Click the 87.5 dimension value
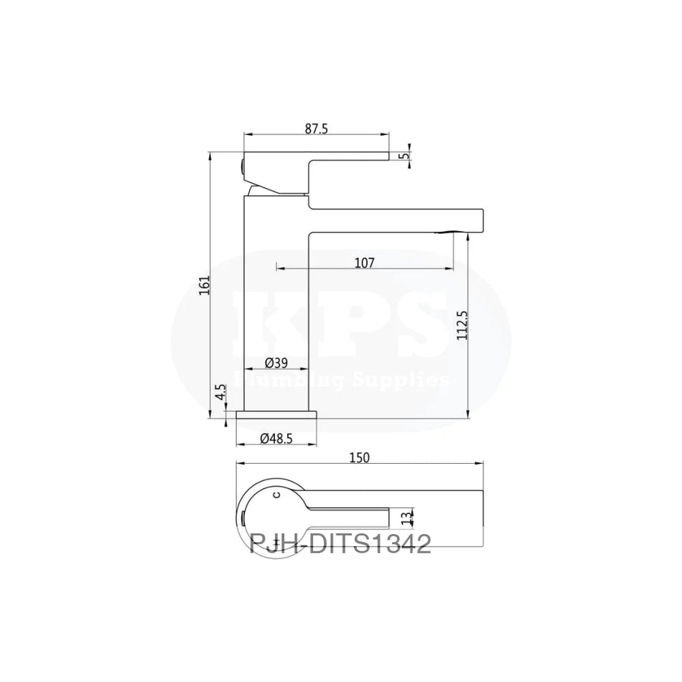point(316,129)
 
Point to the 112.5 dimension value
point(462,327)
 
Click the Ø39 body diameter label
point(276,363)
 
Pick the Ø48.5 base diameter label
point(276,437)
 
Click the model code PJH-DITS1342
point(340,544)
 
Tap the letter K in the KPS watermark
point(281,323)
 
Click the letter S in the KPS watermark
point(409,323)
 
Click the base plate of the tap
point(276,416)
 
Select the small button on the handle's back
point(243,169)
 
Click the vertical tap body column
point(276,302)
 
